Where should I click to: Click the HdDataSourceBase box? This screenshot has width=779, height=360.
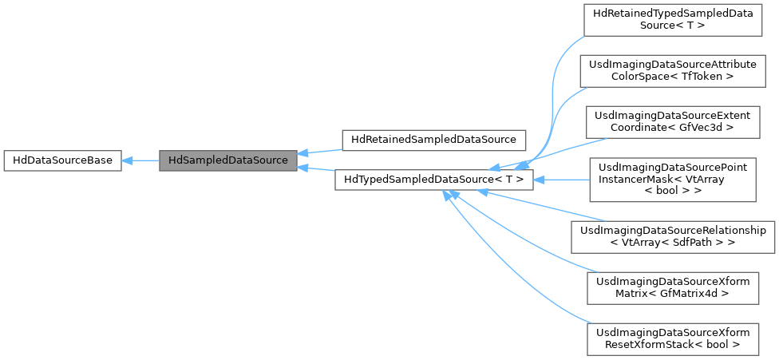click(62, 160)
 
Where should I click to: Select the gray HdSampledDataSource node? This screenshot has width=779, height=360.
click(228, 160)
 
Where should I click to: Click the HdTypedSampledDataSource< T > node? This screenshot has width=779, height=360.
click(433, 180)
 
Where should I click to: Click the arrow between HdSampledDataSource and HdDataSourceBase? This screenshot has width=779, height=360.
click(140, 160)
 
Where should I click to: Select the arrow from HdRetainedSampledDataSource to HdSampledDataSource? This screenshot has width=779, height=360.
click(319, 149)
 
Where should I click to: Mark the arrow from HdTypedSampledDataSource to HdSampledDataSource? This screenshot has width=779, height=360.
click(316, 170)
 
